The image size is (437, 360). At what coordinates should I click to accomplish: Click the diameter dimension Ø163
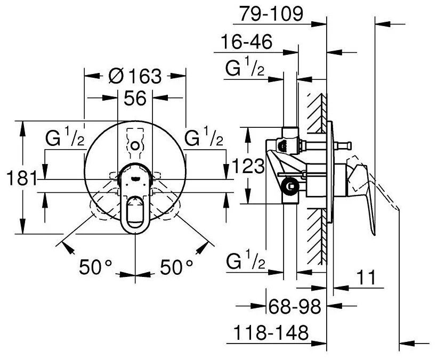point(134,77)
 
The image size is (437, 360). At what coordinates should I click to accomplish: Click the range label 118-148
point(271,333)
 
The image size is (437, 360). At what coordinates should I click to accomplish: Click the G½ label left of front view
point(65,140)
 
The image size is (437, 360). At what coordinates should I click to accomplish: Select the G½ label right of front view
point(204,140)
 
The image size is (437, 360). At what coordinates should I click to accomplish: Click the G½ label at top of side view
point(245,70)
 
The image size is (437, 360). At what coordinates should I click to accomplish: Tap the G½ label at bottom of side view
point(245,262)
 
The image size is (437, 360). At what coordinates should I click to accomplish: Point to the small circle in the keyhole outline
point(135,145)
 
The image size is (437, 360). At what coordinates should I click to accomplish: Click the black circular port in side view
point(290,186)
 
